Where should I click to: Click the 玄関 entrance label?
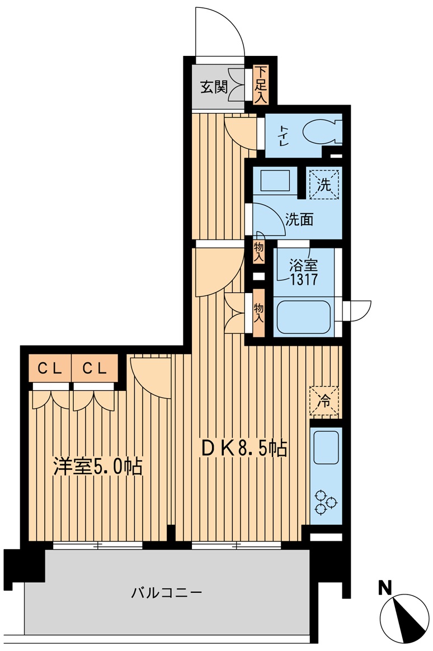click(214, 87)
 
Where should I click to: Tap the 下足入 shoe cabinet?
click(261, 84)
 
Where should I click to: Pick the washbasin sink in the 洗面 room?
click(275, 181)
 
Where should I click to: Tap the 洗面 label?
click(299, 220)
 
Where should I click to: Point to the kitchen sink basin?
click(326, 447)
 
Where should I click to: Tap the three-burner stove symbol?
click(326, 502)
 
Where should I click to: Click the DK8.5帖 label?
click(244, 449)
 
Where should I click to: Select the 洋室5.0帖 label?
click(98, 466)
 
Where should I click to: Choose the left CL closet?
click(50, 368)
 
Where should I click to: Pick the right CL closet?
click(94, 368)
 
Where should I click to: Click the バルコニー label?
click(167, 592)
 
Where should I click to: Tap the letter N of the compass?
click(385, 588)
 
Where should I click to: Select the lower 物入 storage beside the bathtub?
click(258, 313)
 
